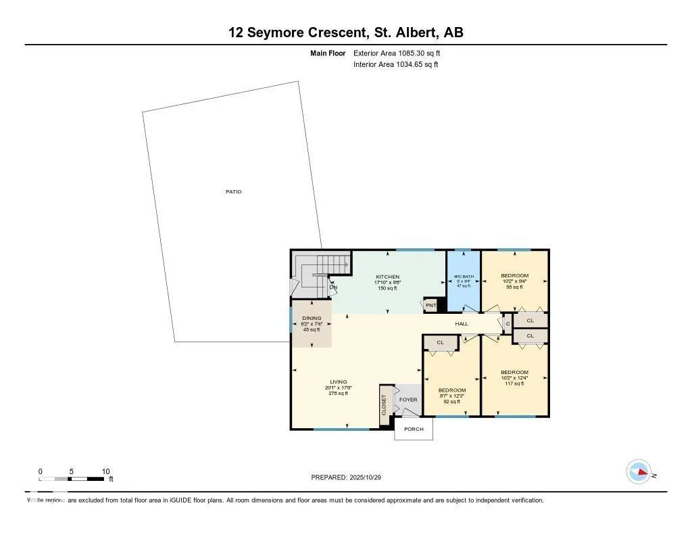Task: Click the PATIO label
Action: [233, 192]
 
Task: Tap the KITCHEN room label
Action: [388, 277]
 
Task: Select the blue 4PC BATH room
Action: [463, 281]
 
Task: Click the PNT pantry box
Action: [431, 306]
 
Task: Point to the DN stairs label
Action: [333, 287]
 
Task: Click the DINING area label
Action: [312, 318]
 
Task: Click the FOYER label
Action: [408, 400]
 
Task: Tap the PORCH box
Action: [414, 429]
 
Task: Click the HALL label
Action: [462, 324]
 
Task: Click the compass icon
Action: [639, 472]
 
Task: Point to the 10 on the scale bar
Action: [105, 471]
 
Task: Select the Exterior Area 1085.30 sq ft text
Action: [397, 53]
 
